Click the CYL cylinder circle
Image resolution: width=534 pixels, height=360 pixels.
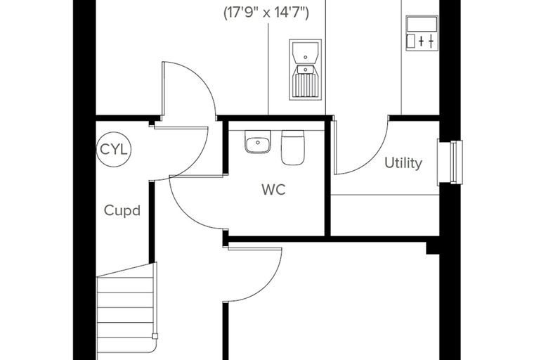(x=114, y=149)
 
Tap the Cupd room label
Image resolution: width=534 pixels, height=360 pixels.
(x=122, y=211)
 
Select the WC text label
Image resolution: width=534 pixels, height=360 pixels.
(x=274, y=190)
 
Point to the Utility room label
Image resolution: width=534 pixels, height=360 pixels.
(x=403, y=162)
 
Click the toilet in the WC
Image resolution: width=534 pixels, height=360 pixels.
(x=292, y=148)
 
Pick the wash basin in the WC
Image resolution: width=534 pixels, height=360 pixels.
(x=258, y=142)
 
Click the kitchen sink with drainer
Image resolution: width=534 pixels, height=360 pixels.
(x=305, y=70)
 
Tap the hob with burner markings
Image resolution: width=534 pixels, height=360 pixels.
(x=422, y=33)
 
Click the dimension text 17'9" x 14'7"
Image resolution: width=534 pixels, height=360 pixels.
(x=266, y=13)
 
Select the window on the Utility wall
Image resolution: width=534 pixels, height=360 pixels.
(x=450, y=162)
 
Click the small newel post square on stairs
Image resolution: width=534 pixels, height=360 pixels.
(x=155, y=336)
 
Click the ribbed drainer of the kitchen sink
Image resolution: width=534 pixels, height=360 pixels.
(x=305, y=85)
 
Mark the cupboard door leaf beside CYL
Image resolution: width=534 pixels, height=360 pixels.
(x=181, y=128)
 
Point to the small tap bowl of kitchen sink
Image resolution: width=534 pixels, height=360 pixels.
(x=306, y=69)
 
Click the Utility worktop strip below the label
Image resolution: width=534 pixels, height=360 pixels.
(x=385, y=215)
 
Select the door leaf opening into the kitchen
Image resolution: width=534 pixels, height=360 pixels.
(x=163, y=89)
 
